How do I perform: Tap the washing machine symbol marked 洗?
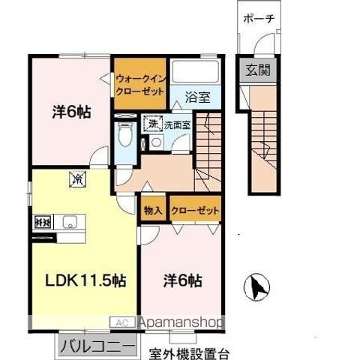click(153, 123)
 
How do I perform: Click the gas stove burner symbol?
click(42, 222)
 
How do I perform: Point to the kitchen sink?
click(68, 222)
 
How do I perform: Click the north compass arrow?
click(256, 286)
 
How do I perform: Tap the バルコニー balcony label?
click(96, 346)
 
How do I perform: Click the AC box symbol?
click(121, 323)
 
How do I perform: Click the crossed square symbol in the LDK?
click(77, 178)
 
